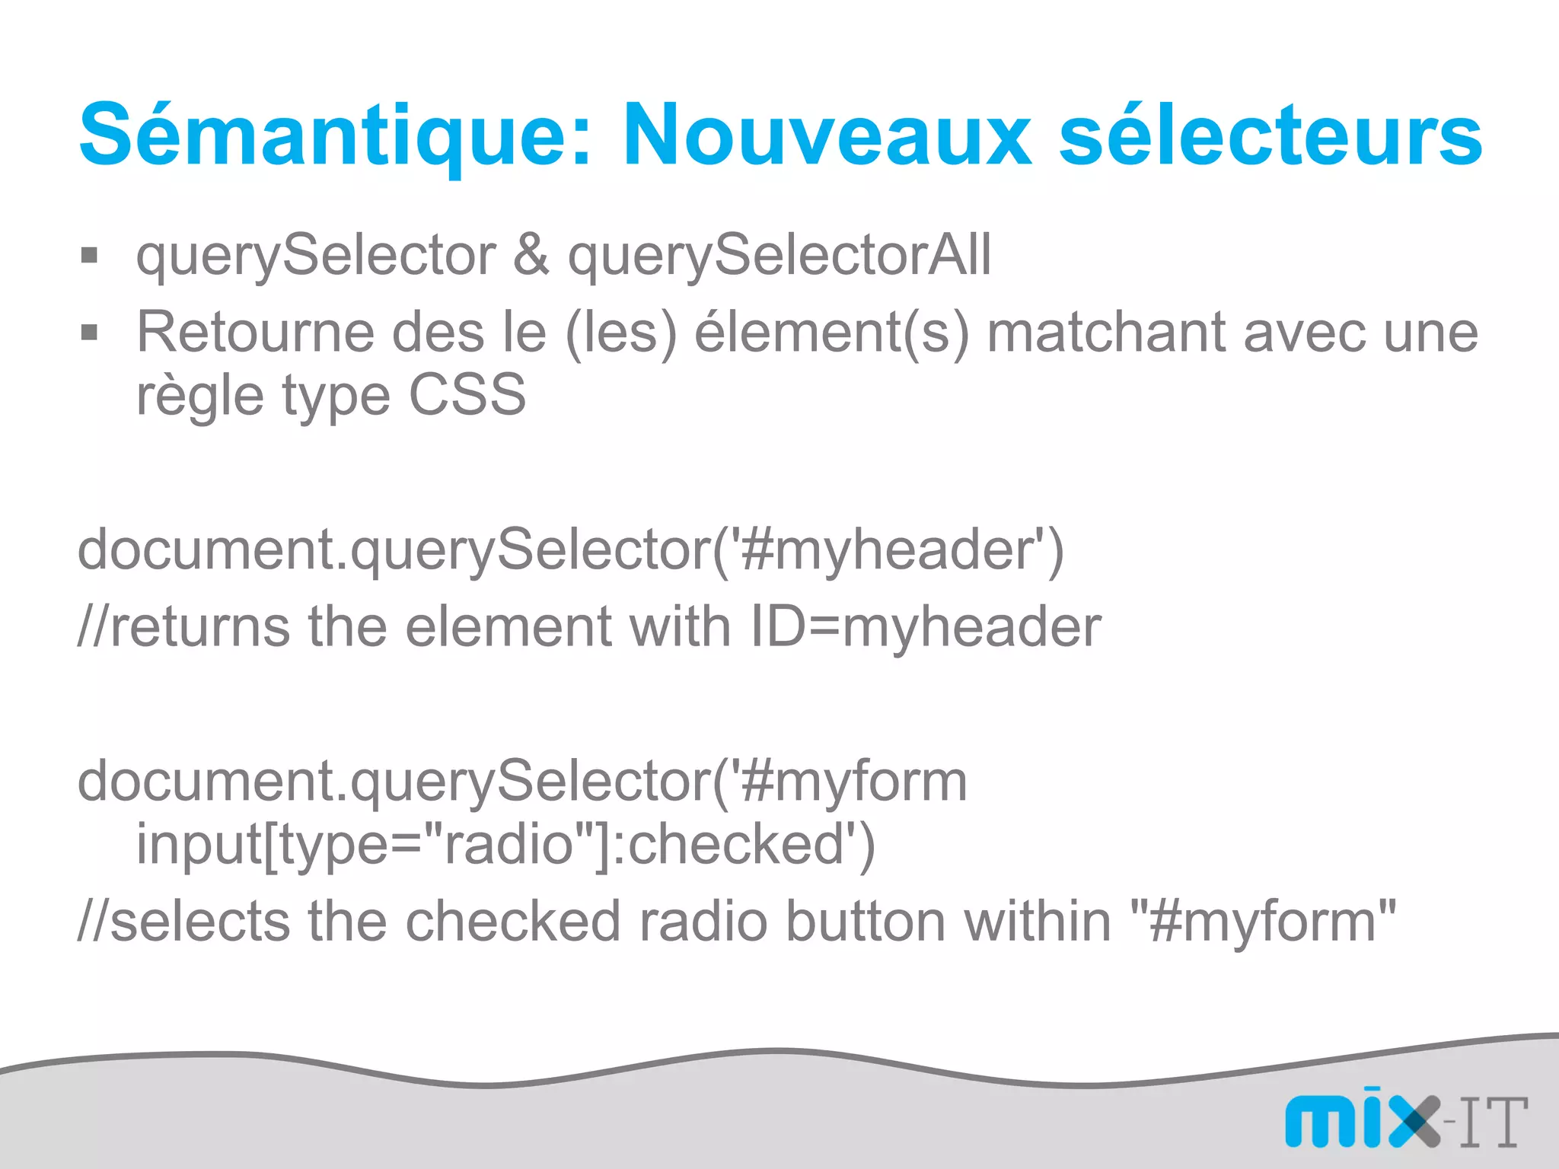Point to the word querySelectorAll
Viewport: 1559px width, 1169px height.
(x=779, y=256)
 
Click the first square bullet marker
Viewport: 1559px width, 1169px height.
(x=90, y=256)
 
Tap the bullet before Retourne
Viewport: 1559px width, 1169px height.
(x=90, y=333)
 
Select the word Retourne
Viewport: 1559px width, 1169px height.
(x=255, y=333)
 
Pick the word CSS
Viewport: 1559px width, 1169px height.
(x=467, y=395)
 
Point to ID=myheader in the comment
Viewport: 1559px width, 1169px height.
(x=925, y=627)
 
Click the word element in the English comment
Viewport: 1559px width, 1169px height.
(x=509, y=627)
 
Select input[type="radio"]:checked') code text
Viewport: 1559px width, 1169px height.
(x=505, y=845)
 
